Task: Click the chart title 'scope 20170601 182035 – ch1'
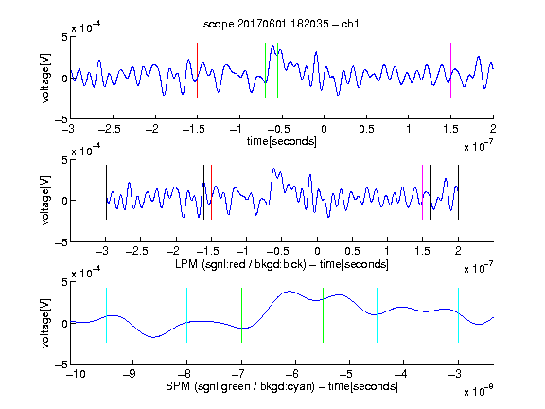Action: (x=281, y=24)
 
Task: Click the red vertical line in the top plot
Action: (x=197, y=70)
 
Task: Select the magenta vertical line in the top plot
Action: (x=450, y=70)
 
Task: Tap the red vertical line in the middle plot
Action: (x=211, y=192)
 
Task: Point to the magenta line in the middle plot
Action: (x=422, y=192)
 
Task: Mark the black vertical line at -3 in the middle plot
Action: (x=106, y=192)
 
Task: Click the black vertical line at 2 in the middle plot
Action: (x=458, y=192)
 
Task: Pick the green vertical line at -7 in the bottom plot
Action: (x=241, y=315)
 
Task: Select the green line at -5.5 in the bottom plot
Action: (x=323, y=315)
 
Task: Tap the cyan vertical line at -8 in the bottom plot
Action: (x=186, y=315)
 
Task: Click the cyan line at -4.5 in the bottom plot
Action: (x=378, y=315)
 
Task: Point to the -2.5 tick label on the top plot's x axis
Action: (x=110, y=130)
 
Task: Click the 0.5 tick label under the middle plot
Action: (x=352, y=251)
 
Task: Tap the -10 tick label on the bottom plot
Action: (x=77, y=374)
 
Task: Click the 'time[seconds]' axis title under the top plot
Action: (x=282, y=141)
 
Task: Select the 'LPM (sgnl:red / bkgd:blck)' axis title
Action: (x=240, y=264)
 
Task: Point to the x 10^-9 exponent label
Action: (x=479, y=391)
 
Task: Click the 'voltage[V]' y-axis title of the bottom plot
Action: (x=45, y=324)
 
